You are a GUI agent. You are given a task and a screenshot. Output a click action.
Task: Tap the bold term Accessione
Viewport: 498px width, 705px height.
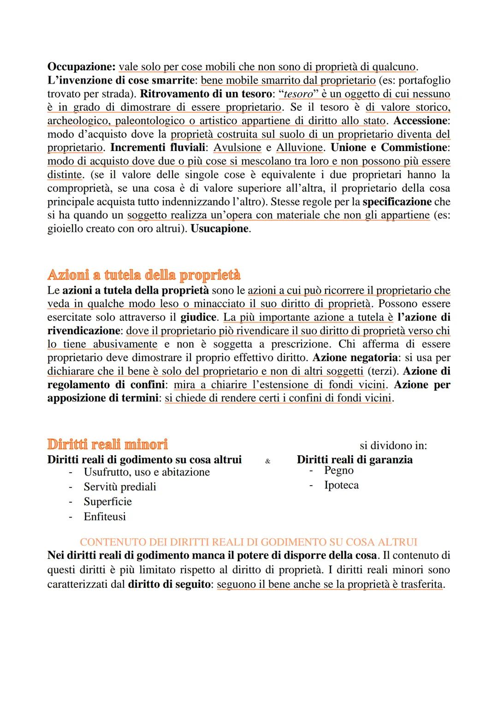421,121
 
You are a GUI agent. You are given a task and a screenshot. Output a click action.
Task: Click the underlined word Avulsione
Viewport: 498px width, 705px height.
237,148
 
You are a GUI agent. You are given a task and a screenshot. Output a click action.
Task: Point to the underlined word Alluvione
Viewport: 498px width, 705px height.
299,148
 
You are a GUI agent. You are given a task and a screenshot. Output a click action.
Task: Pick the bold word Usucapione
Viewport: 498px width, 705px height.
219,229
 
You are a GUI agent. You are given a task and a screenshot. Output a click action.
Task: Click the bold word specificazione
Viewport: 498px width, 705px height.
397,202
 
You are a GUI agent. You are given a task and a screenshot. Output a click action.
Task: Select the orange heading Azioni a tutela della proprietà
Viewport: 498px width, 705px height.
144,275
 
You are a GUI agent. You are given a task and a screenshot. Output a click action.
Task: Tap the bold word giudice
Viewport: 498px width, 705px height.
198,318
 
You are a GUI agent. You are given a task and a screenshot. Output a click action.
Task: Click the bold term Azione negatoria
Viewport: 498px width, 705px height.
355,358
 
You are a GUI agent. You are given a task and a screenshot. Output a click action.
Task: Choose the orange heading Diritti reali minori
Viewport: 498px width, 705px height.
107,445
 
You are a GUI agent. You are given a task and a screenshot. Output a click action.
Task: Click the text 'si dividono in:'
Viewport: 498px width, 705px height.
393,446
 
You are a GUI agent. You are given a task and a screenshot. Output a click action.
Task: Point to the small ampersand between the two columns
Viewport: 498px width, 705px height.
268,461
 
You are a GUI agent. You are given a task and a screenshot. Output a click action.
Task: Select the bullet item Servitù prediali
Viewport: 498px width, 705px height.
120,487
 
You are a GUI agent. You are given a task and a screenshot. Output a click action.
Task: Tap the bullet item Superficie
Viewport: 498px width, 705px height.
107,502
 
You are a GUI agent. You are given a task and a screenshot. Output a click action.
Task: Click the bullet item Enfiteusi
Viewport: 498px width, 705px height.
105,517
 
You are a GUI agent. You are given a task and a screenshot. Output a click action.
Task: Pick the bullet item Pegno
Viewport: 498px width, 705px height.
339,470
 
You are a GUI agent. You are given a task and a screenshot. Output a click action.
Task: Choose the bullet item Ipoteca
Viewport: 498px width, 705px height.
341,485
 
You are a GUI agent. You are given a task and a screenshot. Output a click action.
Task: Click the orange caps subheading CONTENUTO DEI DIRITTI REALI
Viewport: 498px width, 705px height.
249,542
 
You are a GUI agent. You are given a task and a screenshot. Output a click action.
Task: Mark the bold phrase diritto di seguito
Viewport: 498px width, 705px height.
169,584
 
